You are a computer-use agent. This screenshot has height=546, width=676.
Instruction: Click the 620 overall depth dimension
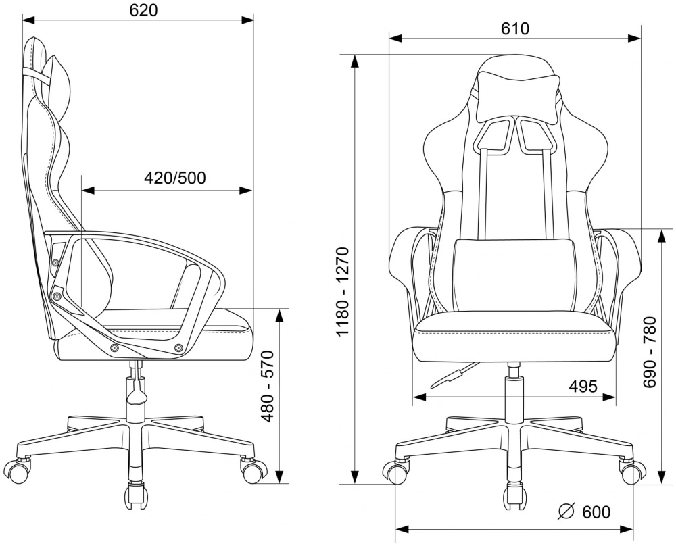(x=143, y=10)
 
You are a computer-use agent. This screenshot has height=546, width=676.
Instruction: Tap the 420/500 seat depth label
(x=174, y=178)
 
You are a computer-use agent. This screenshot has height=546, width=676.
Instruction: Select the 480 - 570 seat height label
(x=268, y=387)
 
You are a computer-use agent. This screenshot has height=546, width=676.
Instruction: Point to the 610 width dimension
(x=514, y=29)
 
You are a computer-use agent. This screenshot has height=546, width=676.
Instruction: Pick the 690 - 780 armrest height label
(x=649, y=352)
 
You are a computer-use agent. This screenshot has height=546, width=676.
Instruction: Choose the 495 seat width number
(x=583, y=387)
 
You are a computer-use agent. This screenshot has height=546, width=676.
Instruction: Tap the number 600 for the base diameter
(x=596, y=512)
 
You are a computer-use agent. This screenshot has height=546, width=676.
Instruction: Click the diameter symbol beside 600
(x=566, y=512)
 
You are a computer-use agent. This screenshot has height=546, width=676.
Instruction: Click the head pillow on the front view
(x=518, y=97)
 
